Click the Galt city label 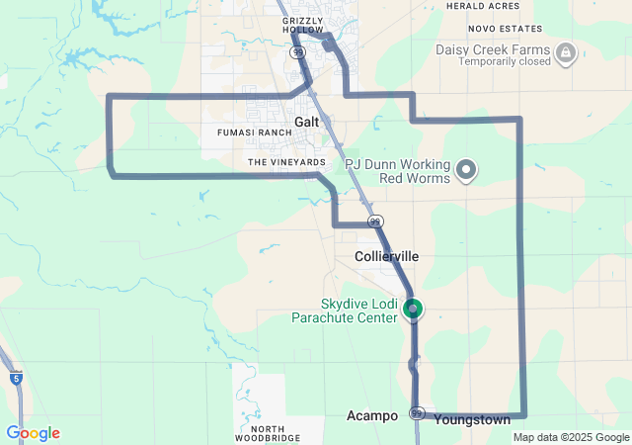pos(305,122)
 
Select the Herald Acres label pos(483,6)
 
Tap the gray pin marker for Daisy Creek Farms pos(566,52)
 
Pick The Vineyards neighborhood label pos(286,161)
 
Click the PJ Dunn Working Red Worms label pos(397,171)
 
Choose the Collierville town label pos(386,256)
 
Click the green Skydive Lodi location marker pos(413,310)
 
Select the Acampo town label pos(372,416)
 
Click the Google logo pos(33,433)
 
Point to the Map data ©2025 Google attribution pos(571,437)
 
